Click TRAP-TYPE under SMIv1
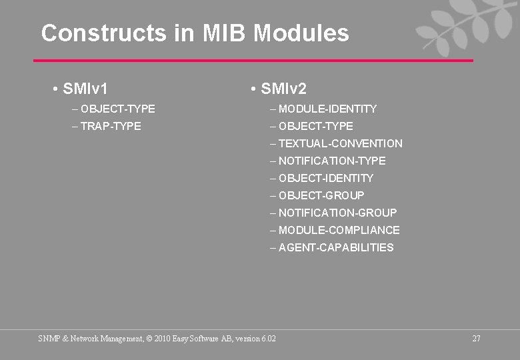[111, 126]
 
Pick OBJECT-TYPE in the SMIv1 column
[118, 109]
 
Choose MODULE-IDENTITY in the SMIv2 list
[327, 109]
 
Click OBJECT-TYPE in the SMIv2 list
[316, 126]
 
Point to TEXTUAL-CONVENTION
[340, 143]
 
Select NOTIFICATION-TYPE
[332, 161]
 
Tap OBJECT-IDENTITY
[326, 178]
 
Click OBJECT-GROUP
[321, 195]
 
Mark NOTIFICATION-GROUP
[337, 213]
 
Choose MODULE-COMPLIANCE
[339, 230]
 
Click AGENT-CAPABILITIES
[336, 247]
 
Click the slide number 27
[476, 339]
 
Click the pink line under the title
[253, 61]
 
